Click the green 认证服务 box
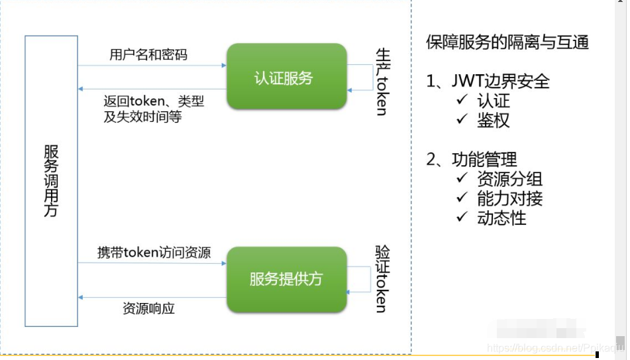coord(286,77)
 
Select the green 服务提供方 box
coord(286,279)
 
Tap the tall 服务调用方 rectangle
coord(51,181)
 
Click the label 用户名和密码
coord(148,54)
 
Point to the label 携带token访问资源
coord(154,252)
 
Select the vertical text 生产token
coord(382,81)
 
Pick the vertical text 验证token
coord(382,278)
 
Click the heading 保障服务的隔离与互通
coord(507,43)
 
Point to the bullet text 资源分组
coord(509,178)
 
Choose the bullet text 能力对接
coord(509,198)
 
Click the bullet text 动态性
coord(501,217)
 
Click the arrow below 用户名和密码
coord(152,66)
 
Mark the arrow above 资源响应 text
coord(152,298)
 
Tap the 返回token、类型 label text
coord(154,101)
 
